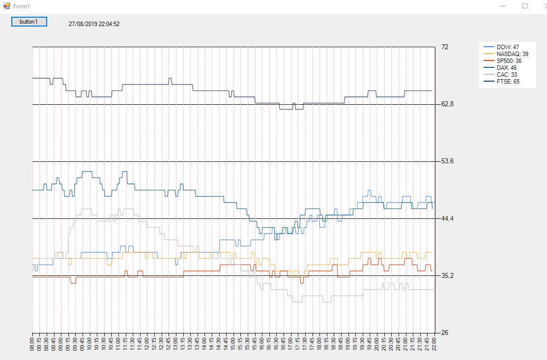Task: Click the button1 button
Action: (29, 22)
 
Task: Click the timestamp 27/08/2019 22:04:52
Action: (94, 24)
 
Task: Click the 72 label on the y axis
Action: (445, 47)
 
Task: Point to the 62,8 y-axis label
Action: (447, 104)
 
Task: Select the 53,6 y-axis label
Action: (447, 161)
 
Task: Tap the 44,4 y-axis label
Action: (447, 218)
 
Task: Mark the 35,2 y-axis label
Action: (447, 275)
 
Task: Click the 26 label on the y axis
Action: (445, 333)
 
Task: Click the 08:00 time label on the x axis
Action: (32, 343)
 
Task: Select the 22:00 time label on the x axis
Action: (434, 343)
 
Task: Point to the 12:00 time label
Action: (147, 343)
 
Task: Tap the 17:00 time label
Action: (290, 343)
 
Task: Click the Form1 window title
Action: (21, 6)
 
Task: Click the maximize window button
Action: (524, 6)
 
